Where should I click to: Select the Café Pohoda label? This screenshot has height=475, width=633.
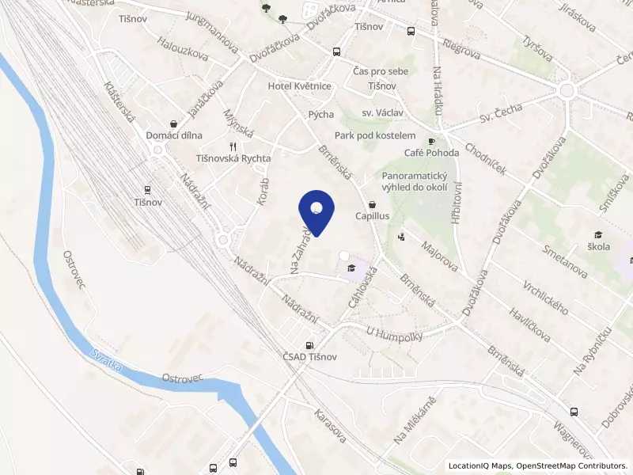click(x=431, y=153)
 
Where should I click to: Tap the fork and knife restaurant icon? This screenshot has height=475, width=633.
click(x=232, y=146)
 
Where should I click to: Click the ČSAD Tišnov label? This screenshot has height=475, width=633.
click(x=309, y=357)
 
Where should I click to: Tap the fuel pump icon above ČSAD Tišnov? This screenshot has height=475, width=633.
click(x=309, y=345)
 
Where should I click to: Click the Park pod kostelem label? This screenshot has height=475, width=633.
click(x=375, y=135)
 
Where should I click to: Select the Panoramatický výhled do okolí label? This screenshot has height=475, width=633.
click(x=415, y=181)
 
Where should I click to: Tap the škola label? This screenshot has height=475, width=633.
click(x=599, y=246)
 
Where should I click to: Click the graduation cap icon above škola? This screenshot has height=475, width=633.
click(x=599, y=234)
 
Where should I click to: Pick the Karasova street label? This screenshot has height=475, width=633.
click(x=330, y=426)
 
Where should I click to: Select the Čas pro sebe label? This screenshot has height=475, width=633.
click(x=381, y=72)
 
